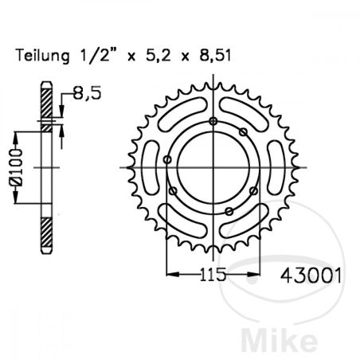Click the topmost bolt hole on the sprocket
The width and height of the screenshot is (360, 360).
[213, 120]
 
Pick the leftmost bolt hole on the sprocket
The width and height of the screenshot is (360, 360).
[166, 160]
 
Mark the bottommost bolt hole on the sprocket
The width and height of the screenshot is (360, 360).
[229, 211]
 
